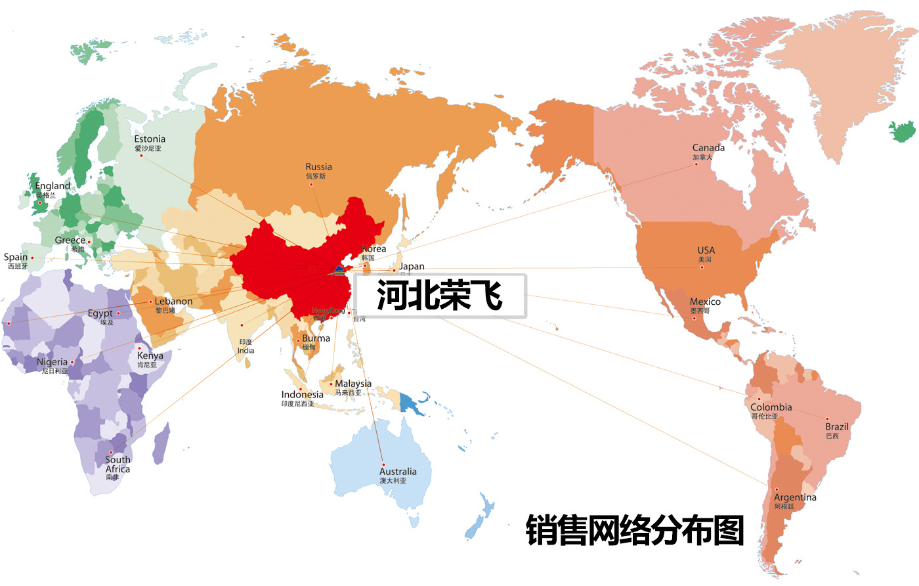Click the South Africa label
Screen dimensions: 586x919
point(118,464)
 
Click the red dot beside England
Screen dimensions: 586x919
point(39,203)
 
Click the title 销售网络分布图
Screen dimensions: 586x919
point(635,531)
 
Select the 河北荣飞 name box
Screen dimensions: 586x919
point(440,296)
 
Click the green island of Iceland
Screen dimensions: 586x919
point(903,131)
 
